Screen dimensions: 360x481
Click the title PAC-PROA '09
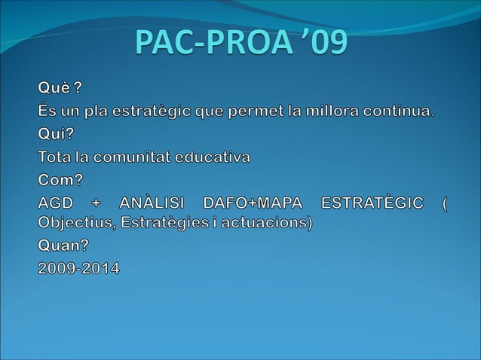[x=241, y=43]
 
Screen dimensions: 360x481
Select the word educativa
[x=213, y=157]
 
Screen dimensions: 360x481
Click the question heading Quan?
[x=64, y=246]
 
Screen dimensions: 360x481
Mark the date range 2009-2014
[x=79, y=268]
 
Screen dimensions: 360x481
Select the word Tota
[x=55, y=157]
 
